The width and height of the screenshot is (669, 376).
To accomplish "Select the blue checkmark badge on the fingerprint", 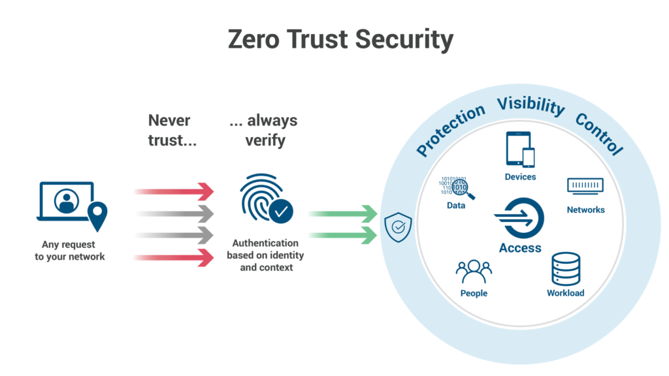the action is click(x=282, y=211).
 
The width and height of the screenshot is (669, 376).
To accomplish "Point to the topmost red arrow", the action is click(x=174, y=191).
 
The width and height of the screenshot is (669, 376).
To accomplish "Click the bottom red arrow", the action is click(x=174, y=257).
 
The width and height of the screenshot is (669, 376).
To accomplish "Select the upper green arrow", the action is click(x=342, y=213).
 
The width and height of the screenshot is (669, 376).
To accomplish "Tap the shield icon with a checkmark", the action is click(x=398, y=228).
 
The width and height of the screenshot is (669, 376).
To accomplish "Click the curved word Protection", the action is click(x=450, y=130).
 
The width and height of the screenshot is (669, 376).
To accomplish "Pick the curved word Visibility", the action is click(x=530, y=106).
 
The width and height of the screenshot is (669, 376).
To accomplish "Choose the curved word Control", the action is click(x=598, y=133).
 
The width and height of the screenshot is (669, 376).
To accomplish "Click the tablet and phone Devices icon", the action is click(x=520, y=150).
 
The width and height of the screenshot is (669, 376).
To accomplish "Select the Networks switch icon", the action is click(x=585, y=186).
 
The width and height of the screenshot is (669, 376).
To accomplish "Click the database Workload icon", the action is click(x=565, y=268).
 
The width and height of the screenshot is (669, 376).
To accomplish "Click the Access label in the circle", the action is click(x=520, y=248).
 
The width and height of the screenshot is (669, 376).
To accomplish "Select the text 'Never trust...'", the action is click(x=171, y=130).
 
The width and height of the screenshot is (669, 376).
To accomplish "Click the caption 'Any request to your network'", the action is click(x=69, y=251).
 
